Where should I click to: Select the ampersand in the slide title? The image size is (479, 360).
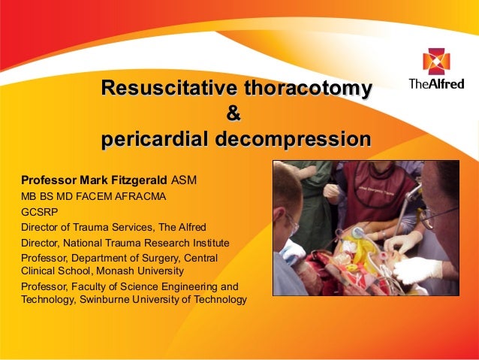(234, 115)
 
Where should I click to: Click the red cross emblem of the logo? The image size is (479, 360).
(435, 61)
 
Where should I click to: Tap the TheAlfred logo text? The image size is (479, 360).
(435, 83)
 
